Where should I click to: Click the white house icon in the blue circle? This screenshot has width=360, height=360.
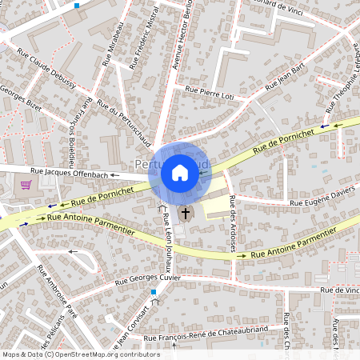pos(180,172)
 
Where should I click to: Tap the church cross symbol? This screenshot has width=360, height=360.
pos(186,214)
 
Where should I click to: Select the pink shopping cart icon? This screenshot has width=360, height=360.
pos(26,185)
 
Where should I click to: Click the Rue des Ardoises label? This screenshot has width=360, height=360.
pos(232,224)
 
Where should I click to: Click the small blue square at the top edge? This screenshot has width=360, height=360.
pos(77,5)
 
